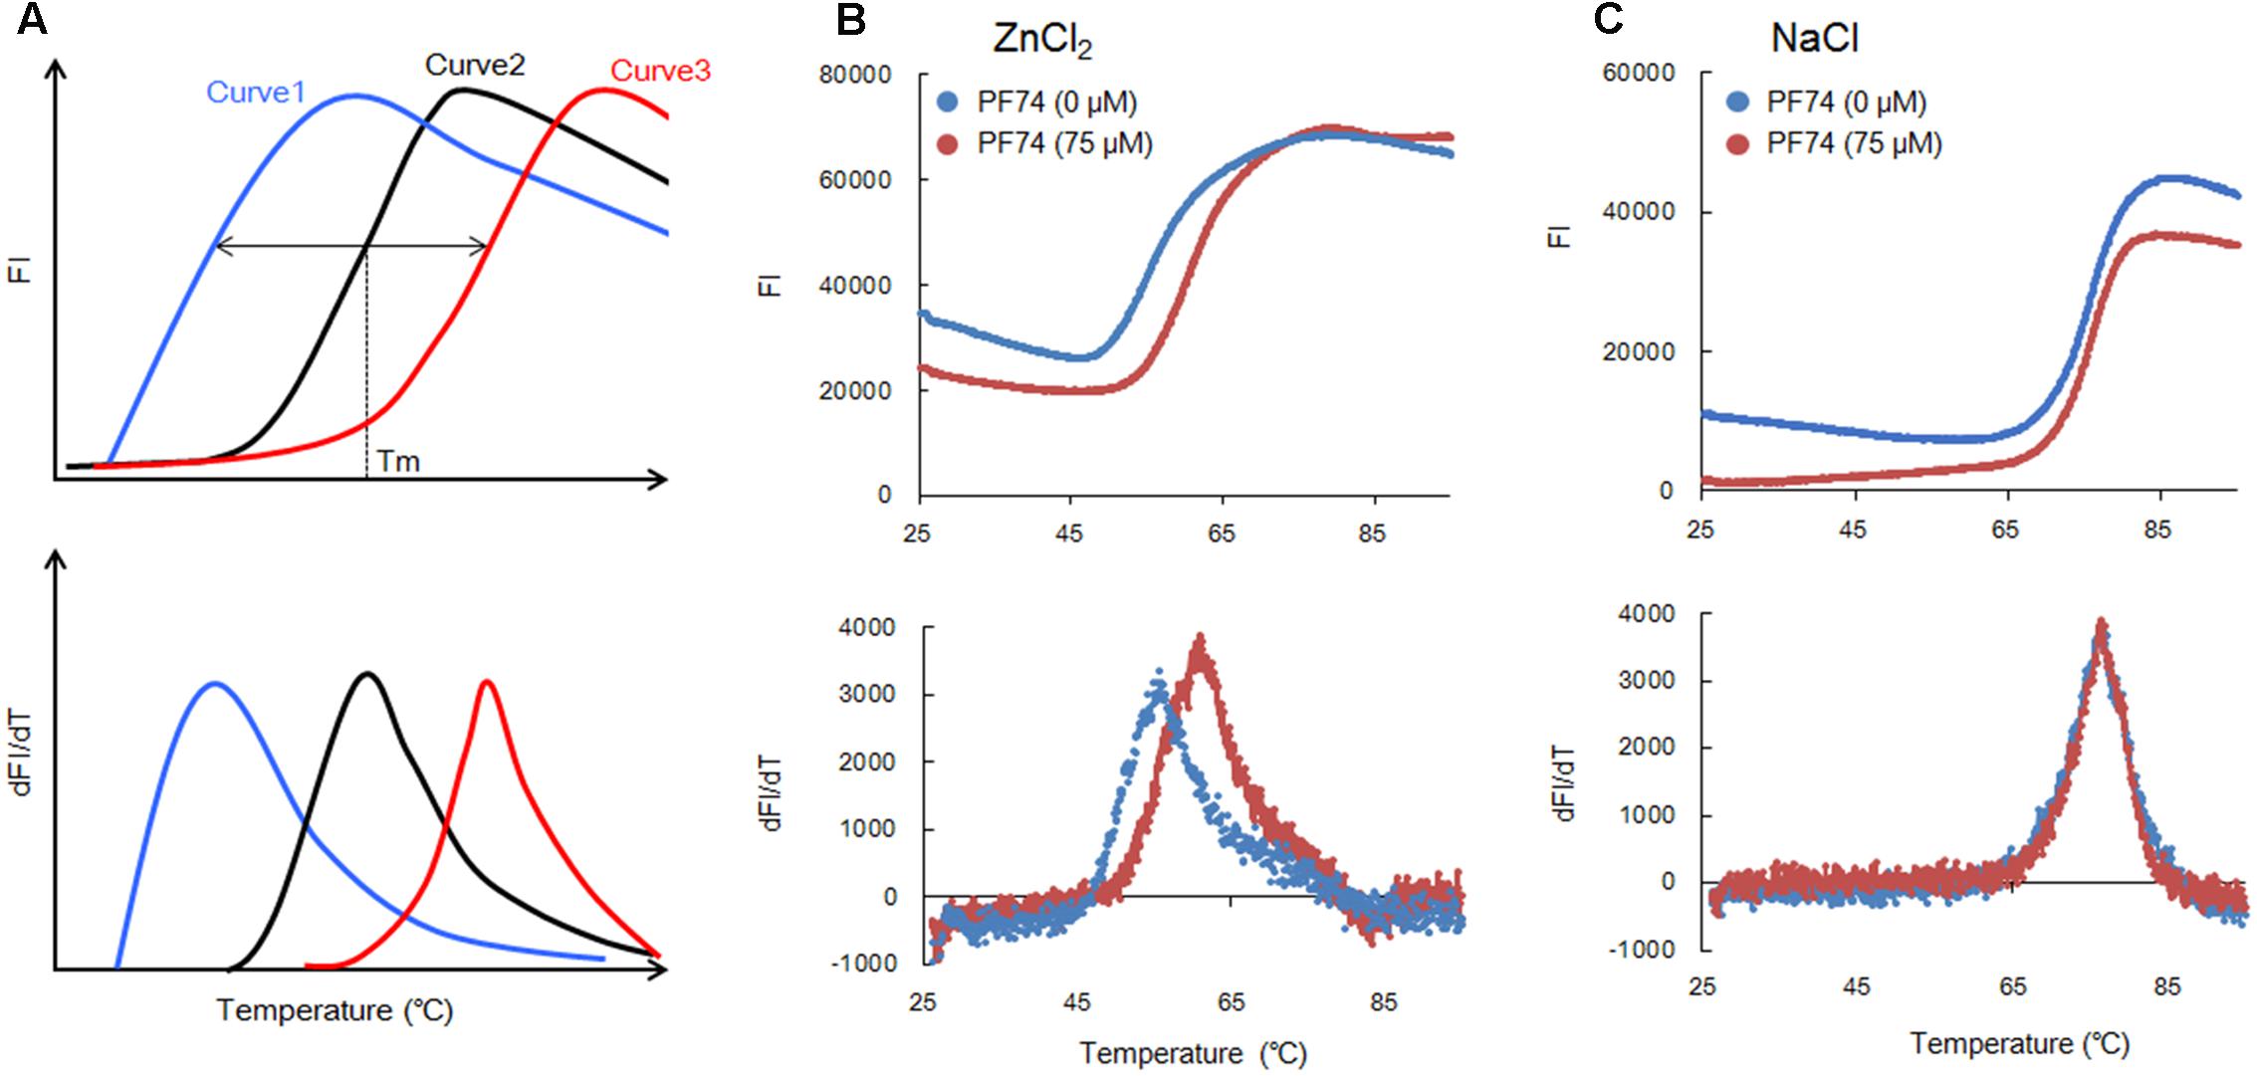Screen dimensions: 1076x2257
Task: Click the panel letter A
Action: pos(32,19)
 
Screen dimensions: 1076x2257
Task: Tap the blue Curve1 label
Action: pos(256,92)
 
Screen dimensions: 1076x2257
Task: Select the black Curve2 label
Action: pos(475,65)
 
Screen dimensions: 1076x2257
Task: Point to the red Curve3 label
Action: pos(660,71)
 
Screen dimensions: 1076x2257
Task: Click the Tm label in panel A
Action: pos(398,462)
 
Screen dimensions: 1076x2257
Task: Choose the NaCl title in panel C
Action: pos(1814,39)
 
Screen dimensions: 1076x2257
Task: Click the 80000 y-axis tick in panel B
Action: pos(853,75)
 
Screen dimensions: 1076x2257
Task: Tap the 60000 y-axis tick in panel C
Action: pos(1638,73)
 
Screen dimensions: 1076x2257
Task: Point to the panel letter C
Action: pos(1609,19)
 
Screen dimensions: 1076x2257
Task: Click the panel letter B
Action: pos(850,19)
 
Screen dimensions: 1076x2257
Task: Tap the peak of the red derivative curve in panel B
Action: pos(1201,637)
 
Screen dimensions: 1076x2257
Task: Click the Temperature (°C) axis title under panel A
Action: pos(335,1010)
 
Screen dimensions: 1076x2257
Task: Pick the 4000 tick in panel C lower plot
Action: pos(1646,614)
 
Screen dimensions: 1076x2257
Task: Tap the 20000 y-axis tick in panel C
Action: pos(1638,351)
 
